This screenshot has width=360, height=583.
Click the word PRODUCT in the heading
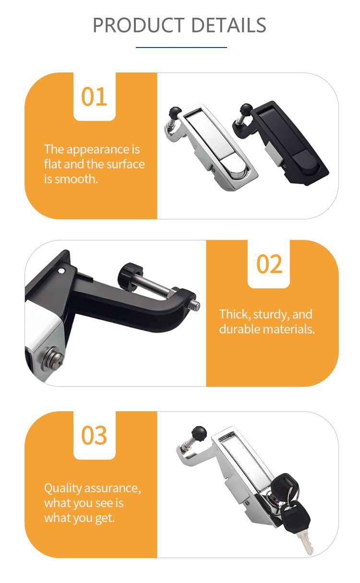pyautogui.click(x=139, y=25)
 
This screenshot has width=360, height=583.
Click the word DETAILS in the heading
pyautogui.click(x=228, y=25)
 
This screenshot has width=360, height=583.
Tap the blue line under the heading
pyautogui.click(x=181, y=48)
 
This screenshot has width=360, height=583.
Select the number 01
pyautogui.click(x=94, y=96)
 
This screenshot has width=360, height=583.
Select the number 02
pyautogui.click(x=269, y=264)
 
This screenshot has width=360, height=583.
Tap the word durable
pyautogui.click(x=240, y=329)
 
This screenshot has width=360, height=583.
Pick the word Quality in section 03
pyautogui.click(x=63, y=488)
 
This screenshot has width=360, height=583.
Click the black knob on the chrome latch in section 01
pyautogui.click(x=175, y=112)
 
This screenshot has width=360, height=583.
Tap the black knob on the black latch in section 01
pyautogui.click(x=246, y=108)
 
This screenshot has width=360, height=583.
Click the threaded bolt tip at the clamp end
pyautogui.click(x=195, y=305)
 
